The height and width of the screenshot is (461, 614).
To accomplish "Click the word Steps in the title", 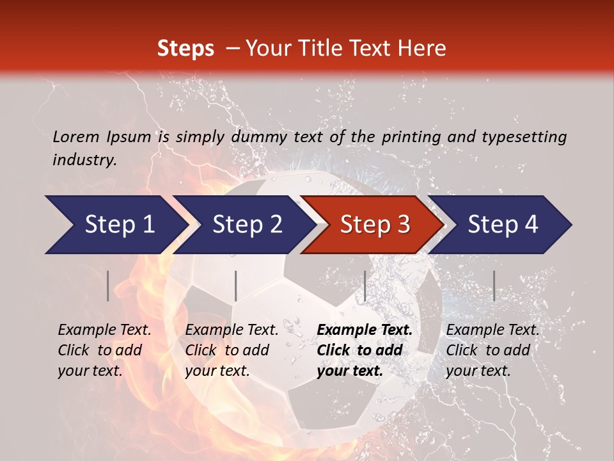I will pyautogui.click(x=185, y=49).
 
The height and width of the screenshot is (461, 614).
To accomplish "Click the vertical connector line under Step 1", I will pyautogui.click(x=108, y=286).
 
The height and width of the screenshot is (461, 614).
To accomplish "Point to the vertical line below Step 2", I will pyautogui.click(x=236, y=286).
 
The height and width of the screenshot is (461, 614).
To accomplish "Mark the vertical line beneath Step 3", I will pyautogui.click(x=365, y=286).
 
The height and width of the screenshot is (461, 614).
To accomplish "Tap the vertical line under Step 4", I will pyautogui.click(x=494, y=286).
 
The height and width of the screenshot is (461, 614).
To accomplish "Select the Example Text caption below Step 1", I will pyautogui.click(x=104, y=350).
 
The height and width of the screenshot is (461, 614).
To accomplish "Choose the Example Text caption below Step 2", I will pyautogui.click(x=232, y=350).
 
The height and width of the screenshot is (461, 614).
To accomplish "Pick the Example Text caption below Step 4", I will pyautogui.click(x=492, y=350).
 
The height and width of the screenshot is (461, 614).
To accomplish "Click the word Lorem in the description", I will pyautogui.click(x=76, y=136).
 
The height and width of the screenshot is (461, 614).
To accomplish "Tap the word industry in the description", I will pyautogui.click(x=84, y=160).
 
